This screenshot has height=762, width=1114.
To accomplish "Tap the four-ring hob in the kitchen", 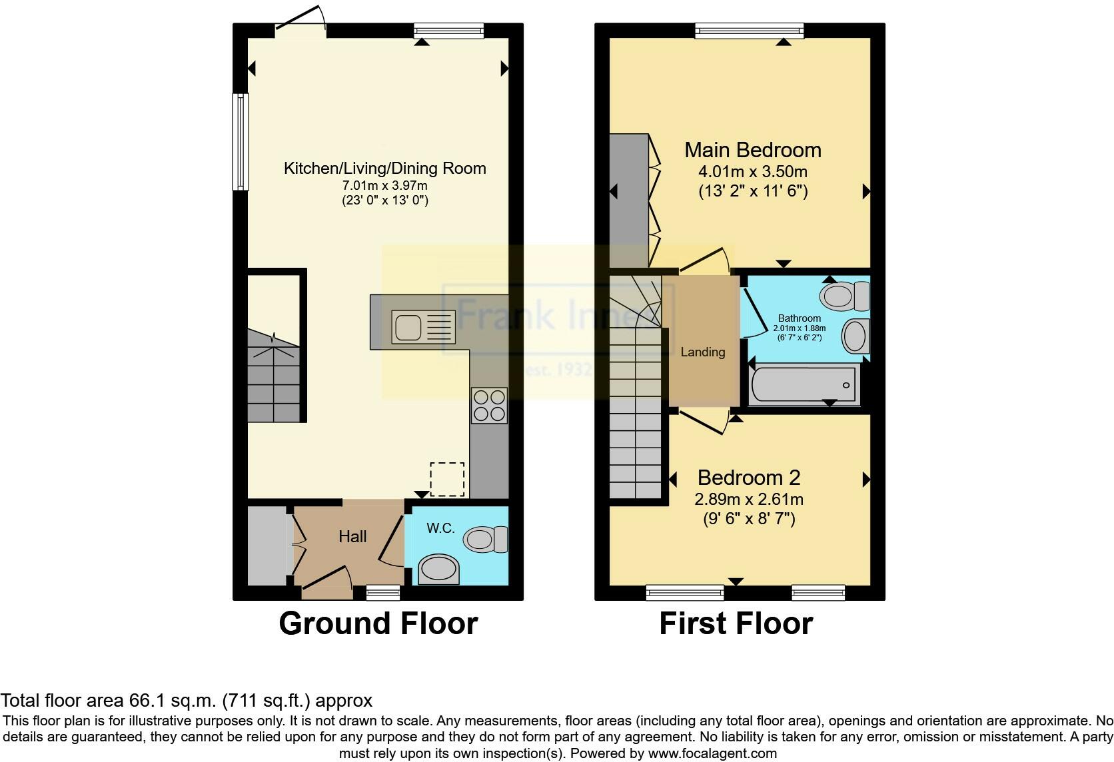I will [489, 405].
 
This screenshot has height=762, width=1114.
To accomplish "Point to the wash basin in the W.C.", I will [439, 570].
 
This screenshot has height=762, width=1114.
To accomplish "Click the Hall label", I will [352, 537].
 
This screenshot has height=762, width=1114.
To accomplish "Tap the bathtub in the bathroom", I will [804, 384].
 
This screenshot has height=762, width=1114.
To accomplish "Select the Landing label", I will [702, 352].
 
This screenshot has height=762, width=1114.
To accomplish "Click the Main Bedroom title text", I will [753, 150].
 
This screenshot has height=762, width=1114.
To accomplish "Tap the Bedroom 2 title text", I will [749, 478].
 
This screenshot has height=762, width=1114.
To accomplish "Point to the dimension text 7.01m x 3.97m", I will [384, 185].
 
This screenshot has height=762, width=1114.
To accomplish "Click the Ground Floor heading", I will [378, 624].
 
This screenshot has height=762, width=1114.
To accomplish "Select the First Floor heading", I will [736, 624].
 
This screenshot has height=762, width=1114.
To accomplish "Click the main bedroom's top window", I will [749, 30].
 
